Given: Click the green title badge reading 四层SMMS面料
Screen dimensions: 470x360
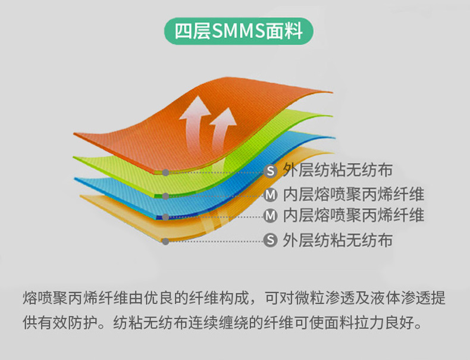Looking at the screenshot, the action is coord(239,31).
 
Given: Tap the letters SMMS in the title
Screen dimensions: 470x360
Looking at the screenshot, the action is coord(239,31).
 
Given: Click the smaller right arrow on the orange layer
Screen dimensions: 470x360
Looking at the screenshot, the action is coord(223,127).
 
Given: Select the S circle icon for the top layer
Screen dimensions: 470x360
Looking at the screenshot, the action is coord(270,171).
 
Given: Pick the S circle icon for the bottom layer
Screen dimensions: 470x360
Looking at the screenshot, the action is coord(270,240).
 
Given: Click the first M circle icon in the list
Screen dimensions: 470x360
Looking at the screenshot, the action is coord(270,195).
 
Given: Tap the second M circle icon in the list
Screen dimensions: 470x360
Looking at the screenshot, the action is coord(270,216).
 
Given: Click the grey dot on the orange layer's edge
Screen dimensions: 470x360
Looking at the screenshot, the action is coord(165,173).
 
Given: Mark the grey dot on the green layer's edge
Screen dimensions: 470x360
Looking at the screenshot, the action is coord(165,196).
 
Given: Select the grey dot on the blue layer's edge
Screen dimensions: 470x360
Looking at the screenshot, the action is coord(165,217).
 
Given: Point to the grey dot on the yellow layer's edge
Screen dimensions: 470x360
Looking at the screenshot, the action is coord(165,242).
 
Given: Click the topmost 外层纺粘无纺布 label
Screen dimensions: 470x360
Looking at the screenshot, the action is coord(338,170).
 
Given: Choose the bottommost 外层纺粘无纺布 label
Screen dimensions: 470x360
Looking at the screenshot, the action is coord(338,240).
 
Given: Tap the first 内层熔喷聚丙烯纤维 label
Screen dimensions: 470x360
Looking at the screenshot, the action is coord(354,195).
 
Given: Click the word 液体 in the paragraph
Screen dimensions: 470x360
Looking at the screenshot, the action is coord(384,298).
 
